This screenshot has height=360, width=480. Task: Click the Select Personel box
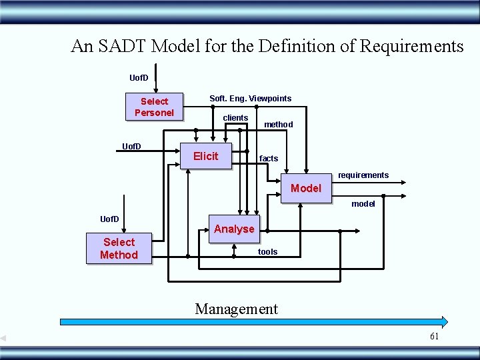pyautogui.click(x=154, y=107)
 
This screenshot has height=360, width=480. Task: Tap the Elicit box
pyautogui.click(x=206, y=156)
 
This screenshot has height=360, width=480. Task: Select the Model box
pyautogui.click(x=306, y=189)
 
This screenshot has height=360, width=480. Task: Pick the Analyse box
pyautogui.click(x=234, y=229)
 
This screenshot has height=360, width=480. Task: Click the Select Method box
pyautogui.click(x=119, y=249)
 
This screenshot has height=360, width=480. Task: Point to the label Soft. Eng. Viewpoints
pyautogui.click(x=250, y=99)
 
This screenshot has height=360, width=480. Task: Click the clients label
pyautogui.click(x=235, y=118)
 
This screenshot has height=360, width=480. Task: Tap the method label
pyautogui.click(x=278, y=125)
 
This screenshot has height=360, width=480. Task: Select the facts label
pyautogui.click(x=269, y=159)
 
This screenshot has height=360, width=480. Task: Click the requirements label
pyautogui.click(x=363, y=175)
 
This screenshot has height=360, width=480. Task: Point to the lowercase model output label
pyautogui.click(x=363, y=204)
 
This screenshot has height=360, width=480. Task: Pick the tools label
pyautogui.click(x=268, y=252)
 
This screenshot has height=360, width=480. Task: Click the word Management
pyautogui.click(x=236, y=309)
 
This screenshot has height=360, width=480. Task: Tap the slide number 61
pyautogui.click(x=434, y=337)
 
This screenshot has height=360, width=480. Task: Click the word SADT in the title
pyautogui.click(x=121, y=46)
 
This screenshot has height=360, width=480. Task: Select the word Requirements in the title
pyautogui.click(x=411, y=46)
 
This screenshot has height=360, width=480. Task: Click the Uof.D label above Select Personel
pyautogui.click(x=139, y=78)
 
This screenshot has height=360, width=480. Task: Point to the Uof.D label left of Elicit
pyautogui.click(x=131, y=147)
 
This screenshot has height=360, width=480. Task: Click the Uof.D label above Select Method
pyautogui.click(x=110, y=219)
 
